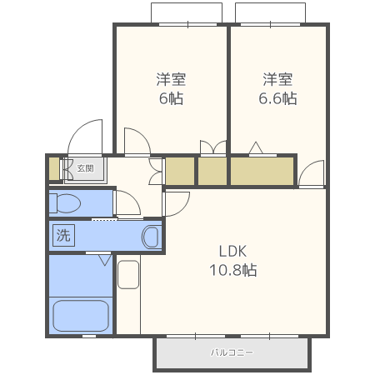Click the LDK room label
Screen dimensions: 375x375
pos(233,251)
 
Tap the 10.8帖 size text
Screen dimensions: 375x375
pos(233,270)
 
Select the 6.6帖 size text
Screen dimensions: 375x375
pos(277,98)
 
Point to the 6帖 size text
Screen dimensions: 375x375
pos(171,98)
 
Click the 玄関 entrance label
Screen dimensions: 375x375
pos(85,167)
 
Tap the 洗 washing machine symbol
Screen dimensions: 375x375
pos(63,235)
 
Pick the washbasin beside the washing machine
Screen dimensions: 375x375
pos(151,237)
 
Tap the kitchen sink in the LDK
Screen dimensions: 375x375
pos(127,274)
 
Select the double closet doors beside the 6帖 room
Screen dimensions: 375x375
pos(213,147)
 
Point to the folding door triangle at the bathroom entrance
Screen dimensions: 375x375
pos(104,260)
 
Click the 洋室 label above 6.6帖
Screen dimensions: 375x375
pos(277,79)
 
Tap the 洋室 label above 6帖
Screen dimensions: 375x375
pos(171,79)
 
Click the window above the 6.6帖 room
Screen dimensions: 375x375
pos(276,13)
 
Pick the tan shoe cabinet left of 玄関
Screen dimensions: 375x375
pos(54,169)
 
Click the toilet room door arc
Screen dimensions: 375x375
pos(127,202)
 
